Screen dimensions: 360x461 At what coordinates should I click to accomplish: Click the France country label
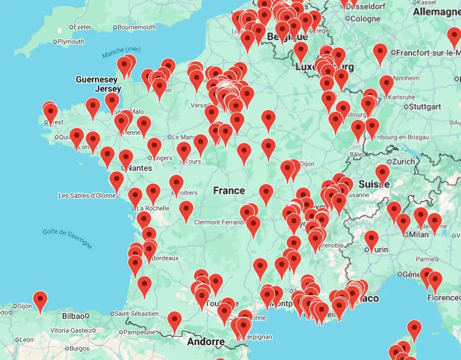(229, 190)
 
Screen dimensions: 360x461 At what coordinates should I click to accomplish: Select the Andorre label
(206, 341)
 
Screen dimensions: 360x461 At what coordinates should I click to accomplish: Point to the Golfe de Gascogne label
(67, 238)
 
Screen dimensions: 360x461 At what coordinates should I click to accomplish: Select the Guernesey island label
(97, 79)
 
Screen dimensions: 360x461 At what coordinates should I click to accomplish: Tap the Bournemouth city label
(137, 27)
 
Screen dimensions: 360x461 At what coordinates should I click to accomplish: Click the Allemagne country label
(436, 12)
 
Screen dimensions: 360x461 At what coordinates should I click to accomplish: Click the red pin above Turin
(371, 238)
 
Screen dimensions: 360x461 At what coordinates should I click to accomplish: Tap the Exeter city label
(83, 27)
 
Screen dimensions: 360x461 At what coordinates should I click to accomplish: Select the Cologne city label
(365, 19)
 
